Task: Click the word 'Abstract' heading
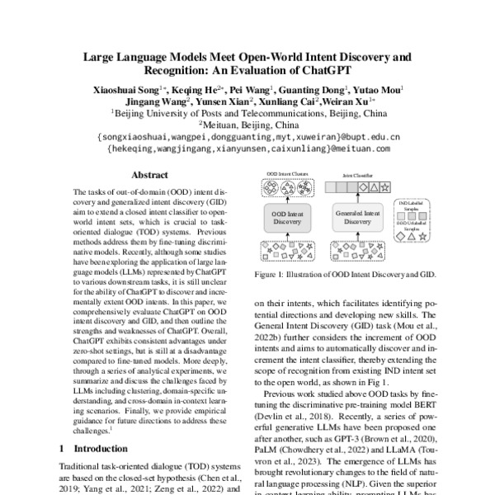pos(153,175)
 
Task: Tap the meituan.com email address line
pos(248,149)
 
